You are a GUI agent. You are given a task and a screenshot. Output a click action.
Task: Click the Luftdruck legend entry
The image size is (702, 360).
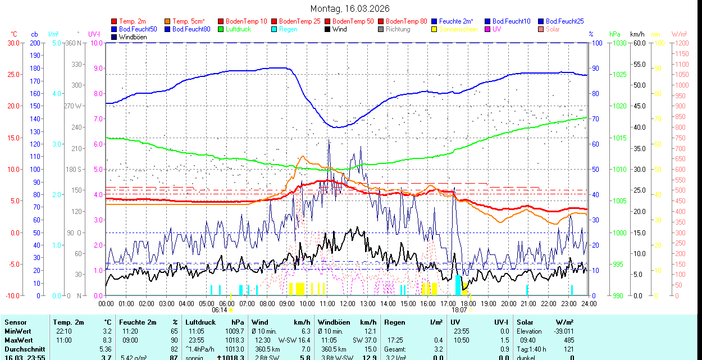(238, 29)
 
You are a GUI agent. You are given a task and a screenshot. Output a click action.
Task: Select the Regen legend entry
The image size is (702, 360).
(288, 29)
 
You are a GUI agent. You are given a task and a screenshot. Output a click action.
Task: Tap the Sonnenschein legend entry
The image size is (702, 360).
(458, 29)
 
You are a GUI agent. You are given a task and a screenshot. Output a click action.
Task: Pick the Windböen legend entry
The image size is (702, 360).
(133, 37)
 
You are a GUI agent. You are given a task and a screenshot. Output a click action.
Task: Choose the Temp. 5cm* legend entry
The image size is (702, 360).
(188, 21)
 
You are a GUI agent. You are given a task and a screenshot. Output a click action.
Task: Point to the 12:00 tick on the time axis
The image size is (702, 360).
(348, 304)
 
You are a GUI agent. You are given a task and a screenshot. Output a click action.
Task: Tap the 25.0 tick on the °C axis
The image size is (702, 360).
(12, 75)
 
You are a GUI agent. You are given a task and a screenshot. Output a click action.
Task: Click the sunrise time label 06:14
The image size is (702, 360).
(219, 310)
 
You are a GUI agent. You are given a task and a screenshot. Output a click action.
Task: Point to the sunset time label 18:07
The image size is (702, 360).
(459, 310)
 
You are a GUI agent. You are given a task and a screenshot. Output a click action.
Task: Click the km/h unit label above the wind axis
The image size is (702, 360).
(637, 34)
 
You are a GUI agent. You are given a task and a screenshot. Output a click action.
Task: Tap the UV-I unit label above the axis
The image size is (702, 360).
(94, 34)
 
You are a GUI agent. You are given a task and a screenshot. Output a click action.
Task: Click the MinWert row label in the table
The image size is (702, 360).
(19, 331)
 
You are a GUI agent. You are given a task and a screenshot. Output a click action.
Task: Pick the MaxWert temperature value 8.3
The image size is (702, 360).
(108, 340)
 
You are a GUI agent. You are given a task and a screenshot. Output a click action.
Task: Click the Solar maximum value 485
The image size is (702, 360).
(568, 340)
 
